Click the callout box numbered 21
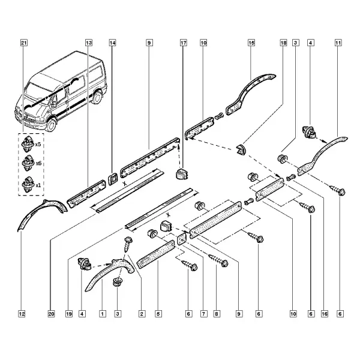24,43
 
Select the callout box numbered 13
89,43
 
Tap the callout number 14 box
112,43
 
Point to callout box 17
184,43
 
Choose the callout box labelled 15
251,43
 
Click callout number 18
284,43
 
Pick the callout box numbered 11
338,43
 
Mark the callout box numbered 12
22,314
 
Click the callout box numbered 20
51,314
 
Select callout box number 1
103,314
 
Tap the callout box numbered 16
325,314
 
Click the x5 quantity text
38,145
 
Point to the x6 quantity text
38,163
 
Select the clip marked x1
28,184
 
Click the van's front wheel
51,124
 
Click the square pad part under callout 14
113,179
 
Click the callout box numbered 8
217,314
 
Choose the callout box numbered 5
158,314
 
